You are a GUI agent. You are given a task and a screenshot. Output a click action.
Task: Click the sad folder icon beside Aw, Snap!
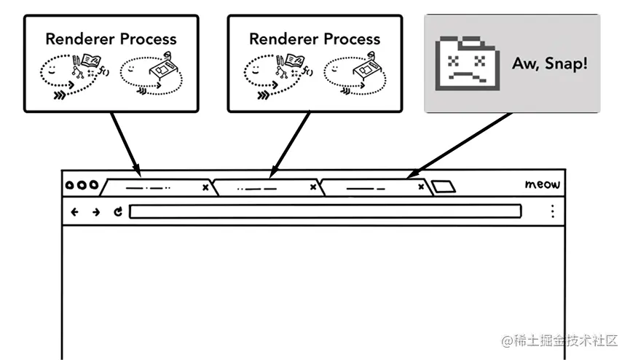(467, 64)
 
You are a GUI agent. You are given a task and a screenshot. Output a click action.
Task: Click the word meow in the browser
(542, 185)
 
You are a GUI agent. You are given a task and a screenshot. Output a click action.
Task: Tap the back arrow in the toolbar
(74, 212)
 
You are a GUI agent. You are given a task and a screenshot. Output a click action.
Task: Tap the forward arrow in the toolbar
(96, 212)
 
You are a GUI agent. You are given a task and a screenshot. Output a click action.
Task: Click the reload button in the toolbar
(118, 212)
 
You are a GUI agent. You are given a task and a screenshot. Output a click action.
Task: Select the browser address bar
(325, 212)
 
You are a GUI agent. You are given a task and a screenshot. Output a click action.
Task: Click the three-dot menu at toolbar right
(552, 211)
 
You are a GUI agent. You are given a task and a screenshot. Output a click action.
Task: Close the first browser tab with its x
(205, 188)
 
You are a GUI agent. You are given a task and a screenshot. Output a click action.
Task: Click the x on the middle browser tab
(313, 188)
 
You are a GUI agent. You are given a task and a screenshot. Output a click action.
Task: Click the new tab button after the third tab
(443, 187)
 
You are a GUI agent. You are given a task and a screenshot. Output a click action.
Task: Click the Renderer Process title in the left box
(111, 39)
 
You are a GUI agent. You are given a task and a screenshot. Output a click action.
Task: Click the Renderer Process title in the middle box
(315, 39)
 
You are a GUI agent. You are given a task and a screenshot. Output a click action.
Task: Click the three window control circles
(82, 185)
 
